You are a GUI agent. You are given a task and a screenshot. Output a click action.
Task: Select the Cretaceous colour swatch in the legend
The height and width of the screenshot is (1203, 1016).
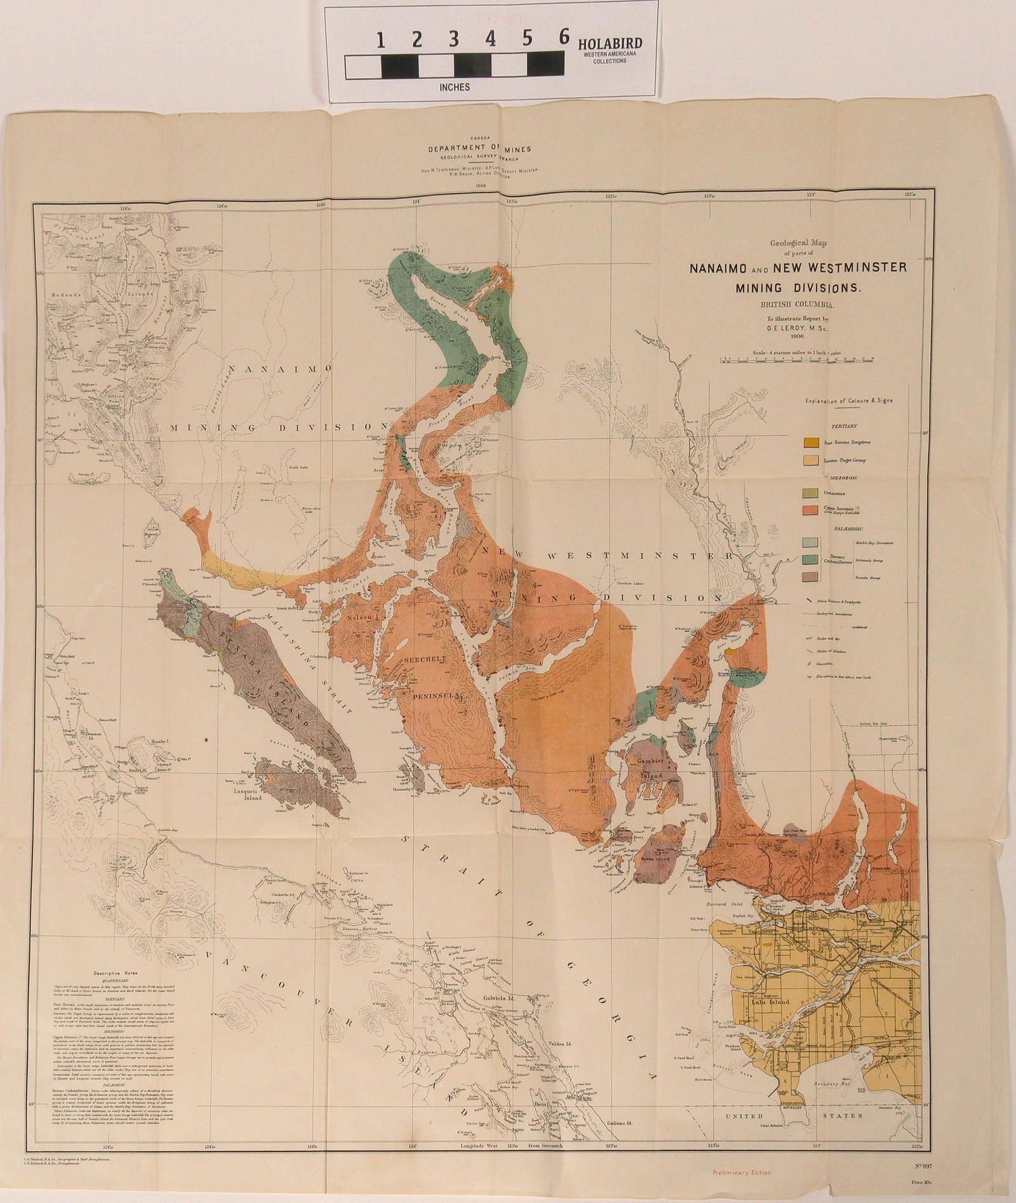pyautogui.click(x=810, y=493)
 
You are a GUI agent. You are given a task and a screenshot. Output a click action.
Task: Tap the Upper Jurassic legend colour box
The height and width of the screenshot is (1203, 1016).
pyautogui.click(x=810, y=510)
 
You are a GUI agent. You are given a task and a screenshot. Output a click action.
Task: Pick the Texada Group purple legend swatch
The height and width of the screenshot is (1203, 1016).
pyautogui.click(x=810, y=577)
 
